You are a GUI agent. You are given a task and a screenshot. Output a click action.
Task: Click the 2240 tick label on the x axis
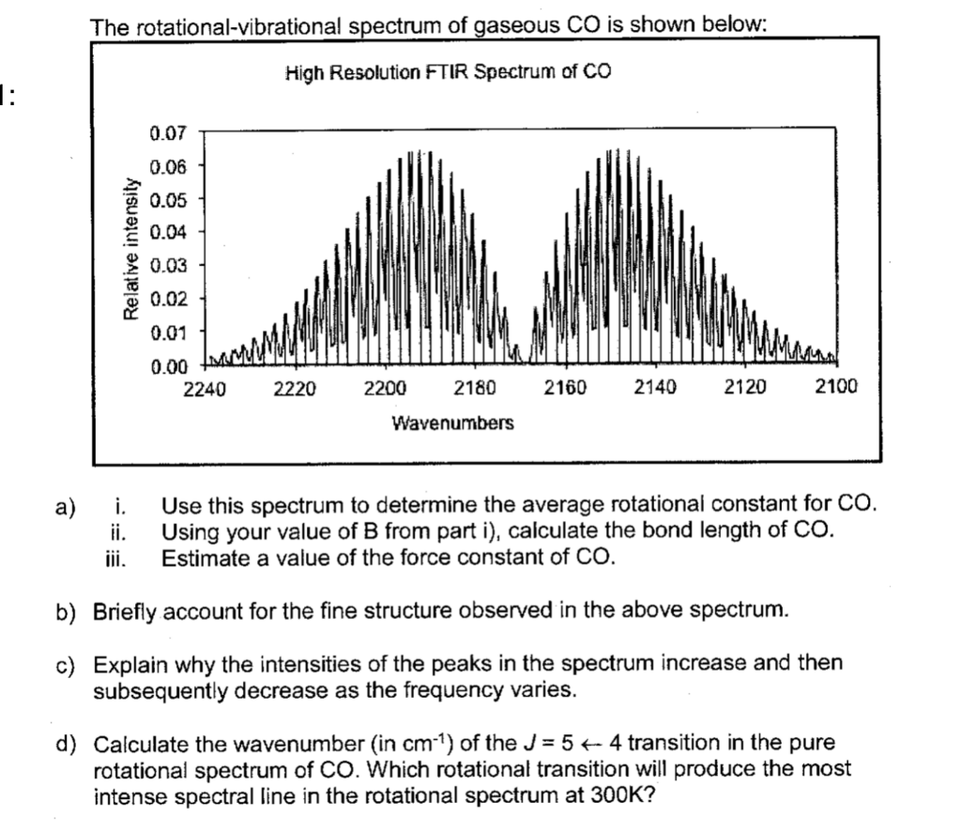pyautogui.click(x=205, y=387)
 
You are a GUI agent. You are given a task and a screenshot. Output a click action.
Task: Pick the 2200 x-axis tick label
pyautogui.click(x=385, y=387)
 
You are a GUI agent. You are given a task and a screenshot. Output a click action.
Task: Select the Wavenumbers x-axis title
pyautogui.click(x=452, y=424)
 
